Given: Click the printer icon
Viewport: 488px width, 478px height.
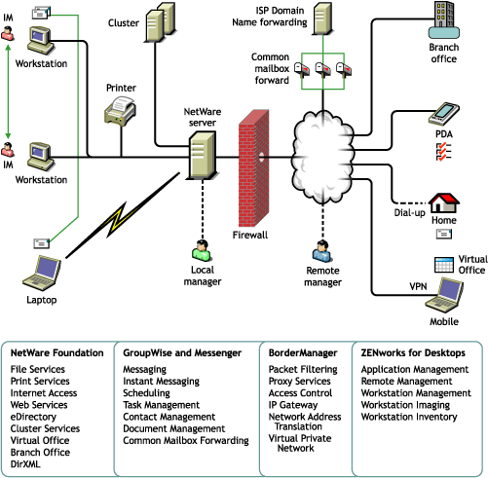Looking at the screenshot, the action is pos(120,111).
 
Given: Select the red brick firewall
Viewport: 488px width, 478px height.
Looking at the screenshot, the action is pos(254,168).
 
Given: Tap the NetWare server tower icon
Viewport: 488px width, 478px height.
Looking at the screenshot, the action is pos(202,155).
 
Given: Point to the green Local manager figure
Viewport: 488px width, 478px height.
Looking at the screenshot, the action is pos(202,250).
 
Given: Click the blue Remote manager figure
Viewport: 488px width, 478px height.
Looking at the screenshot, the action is pos(322,251).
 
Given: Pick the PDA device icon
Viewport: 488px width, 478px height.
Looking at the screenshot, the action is pos(443,114).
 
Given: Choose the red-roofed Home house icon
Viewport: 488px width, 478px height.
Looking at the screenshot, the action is pos(443,202).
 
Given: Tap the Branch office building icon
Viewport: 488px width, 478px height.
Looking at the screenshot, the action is pos(444,20).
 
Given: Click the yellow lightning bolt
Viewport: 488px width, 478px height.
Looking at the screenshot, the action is pos(118,219).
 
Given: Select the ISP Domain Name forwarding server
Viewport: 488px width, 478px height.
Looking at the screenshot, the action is pos(322,18).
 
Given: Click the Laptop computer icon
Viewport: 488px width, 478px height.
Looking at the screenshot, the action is pos(42,274).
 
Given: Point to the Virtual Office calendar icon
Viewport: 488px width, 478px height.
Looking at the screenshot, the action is pos(444,265).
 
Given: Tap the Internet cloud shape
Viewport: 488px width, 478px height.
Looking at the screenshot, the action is pos(322,158).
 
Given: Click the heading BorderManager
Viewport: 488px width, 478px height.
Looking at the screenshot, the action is pos(303,352).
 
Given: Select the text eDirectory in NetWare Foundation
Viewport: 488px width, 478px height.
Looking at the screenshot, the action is pos(33,417).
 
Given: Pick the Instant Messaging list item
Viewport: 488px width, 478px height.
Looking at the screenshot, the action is pos(161,382).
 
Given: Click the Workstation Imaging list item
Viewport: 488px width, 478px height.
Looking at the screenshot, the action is pos(405,405).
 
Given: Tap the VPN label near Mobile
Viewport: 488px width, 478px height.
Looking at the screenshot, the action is pos(418,286).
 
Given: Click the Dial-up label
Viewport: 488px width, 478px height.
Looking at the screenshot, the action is pos(409,213).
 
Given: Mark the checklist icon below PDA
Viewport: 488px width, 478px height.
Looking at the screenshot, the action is pos(443,152).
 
